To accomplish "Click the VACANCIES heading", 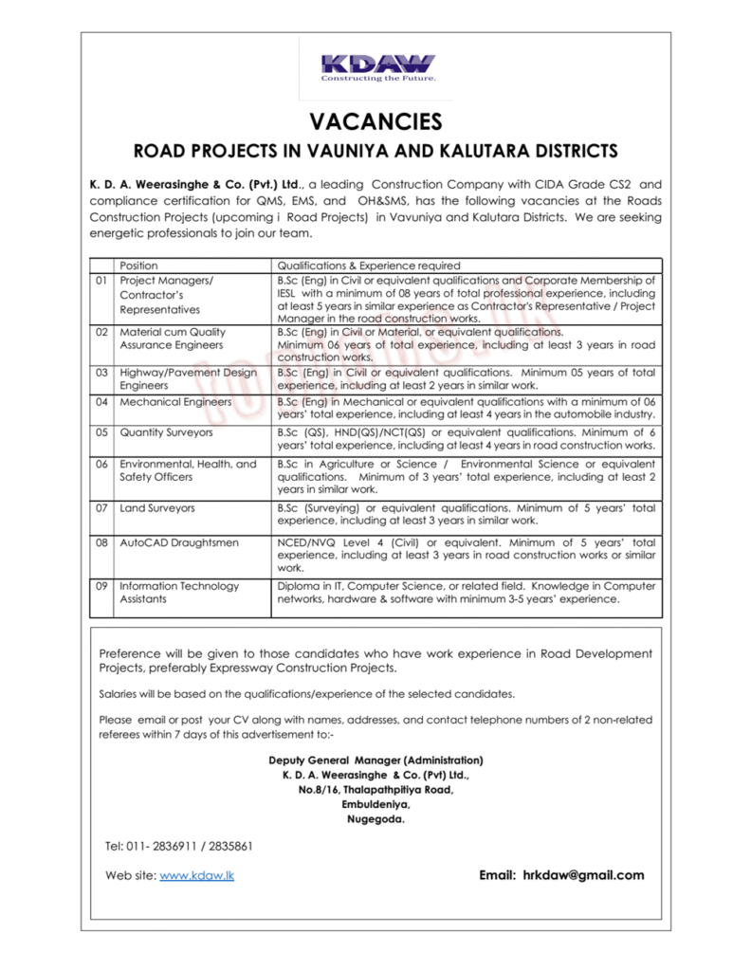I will [x=375, y=121].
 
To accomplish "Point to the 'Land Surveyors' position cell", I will [x=157, y=508].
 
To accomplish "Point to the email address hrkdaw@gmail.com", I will [x=582, y=875].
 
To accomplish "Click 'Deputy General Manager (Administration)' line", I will [x=375, y=760].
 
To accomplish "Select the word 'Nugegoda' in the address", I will [x=375, y=819].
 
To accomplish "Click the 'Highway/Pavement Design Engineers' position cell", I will [x=188, y=379].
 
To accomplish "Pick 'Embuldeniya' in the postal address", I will [x=375, y=804].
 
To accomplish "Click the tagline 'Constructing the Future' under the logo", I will [x=378, y=80].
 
